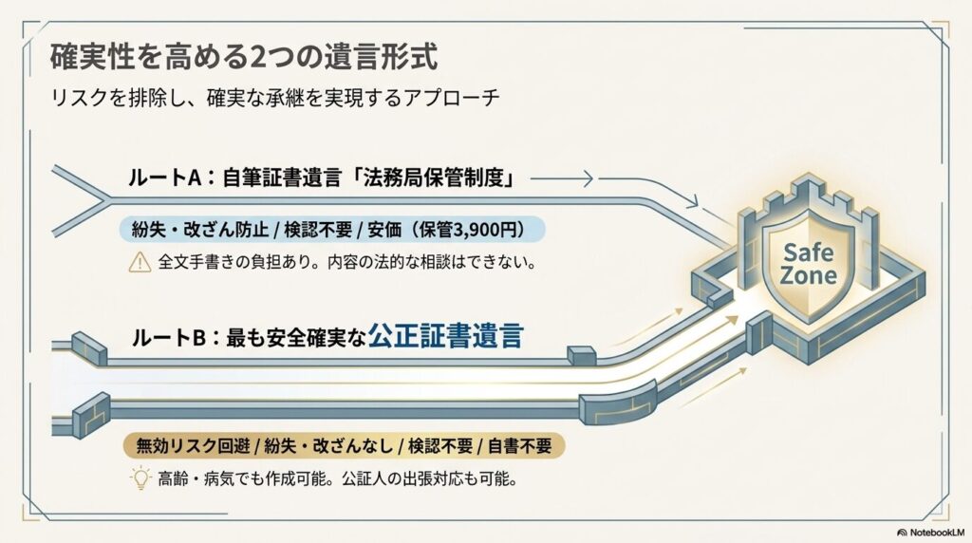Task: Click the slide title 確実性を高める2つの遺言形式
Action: click(x=244, y=57)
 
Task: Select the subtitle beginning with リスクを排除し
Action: click(x=274, y=98)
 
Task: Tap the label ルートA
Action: click(x=165, y=178)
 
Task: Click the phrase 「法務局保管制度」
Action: click(x=433, y=178)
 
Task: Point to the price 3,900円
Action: click(x=485, y=230)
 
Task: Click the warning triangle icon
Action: click(x=140, y=262)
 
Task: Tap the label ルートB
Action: click(x=168, y=338)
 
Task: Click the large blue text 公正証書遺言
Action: click(x=446, y=336)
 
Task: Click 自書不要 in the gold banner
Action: click(x=519, y=445)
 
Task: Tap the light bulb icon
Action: click(x=140, y=477)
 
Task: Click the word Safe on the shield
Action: click(x=809, y=253)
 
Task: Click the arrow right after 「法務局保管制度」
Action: click(x=562, y=179)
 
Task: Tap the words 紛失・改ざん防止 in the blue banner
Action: click(x=199, y=230)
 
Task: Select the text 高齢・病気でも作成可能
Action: click(x=242, y=478)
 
